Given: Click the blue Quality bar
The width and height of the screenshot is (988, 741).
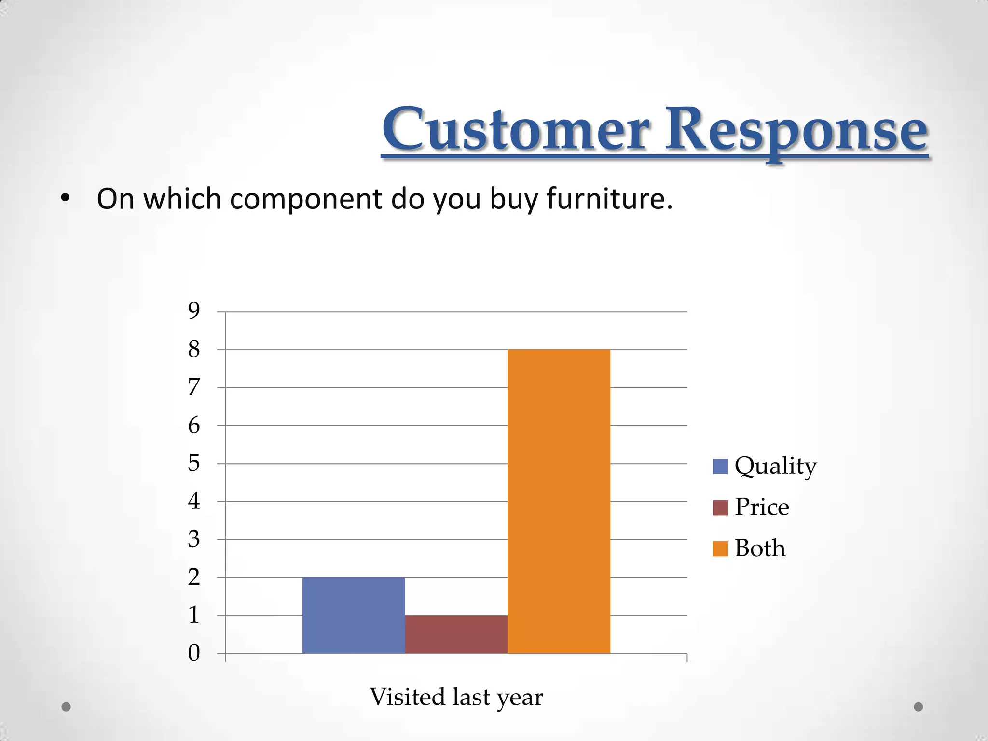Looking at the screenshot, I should click(x=354, y=615).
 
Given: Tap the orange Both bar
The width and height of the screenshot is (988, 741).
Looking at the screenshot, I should click(x=559, y=502).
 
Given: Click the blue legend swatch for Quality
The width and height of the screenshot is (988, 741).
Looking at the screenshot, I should click(x=720, y=467).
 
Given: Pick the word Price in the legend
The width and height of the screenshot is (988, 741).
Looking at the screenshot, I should click(x=762, y=507).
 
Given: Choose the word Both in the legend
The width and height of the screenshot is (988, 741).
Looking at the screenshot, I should click(x=760, y=549).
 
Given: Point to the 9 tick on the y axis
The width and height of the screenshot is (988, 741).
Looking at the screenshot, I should click(x=194, y=311).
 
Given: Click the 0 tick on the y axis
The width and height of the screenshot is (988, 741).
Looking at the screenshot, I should click(x=194, y=653).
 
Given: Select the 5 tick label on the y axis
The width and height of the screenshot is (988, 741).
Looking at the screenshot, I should click(x=194, y=463).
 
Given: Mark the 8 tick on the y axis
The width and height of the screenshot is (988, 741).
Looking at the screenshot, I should click(x=194, y=349).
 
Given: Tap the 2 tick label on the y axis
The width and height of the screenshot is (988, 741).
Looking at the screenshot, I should click(x=194, y=577).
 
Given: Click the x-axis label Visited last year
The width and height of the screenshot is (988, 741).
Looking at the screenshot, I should click(x=456, y=697).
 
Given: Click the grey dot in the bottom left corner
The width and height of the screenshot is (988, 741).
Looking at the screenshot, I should click(x=66, y=707).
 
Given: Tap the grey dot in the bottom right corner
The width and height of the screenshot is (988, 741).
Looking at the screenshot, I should click(x=919, y=707).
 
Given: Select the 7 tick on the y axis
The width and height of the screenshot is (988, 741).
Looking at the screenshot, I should click(x=194, y=387).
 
